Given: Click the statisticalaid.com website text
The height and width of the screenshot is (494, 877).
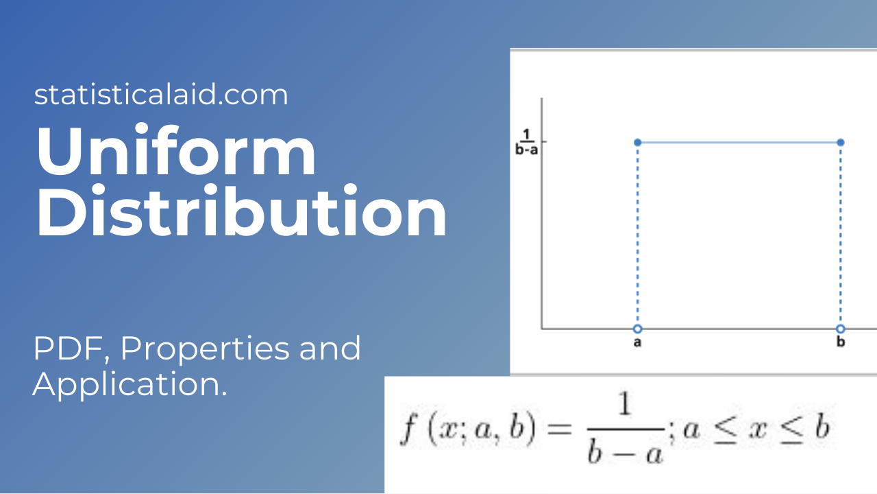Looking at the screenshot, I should [161, 95].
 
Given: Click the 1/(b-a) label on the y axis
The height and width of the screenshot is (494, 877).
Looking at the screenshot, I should [526, 142].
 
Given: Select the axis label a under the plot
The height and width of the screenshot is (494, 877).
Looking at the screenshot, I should [637, 342].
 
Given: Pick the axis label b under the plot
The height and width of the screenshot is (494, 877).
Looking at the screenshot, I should [841, 342].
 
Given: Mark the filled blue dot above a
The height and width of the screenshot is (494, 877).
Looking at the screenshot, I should [638, 142].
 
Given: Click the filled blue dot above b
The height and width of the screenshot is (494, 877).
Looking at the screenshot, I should [841, 142].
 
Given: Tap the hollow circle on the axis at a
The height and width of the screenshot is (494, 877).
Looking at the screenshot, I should [638, 328].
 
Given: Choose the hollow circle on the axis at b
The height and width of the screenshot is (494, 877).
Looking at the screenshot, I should [841, 328].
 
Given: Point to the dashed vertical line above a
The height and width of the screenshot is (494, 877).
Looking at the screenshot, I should [638, 233].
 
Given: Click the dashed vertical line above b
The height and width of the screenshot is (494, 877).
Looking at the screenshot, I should [841, 233].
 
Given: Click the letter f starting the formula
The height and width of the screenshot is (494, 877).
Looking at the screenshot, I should [408, 431].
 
